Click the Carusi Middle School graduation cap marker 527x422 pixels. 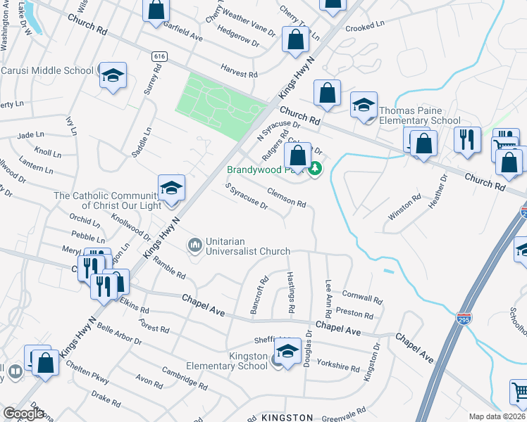(112, 75)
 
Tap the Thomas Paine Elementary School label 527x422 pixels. (419, 115)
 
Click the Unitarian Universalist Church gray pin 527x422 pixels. (194, 245)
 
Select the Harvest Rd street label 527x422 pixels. (238, 73)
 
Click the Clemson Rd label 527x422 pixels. (286, 198)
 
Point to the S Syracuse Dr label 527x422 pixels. (246, 196)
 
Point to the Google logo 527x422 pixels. (23, 414)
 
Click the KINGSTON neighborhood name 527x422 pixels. (287, 417)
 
